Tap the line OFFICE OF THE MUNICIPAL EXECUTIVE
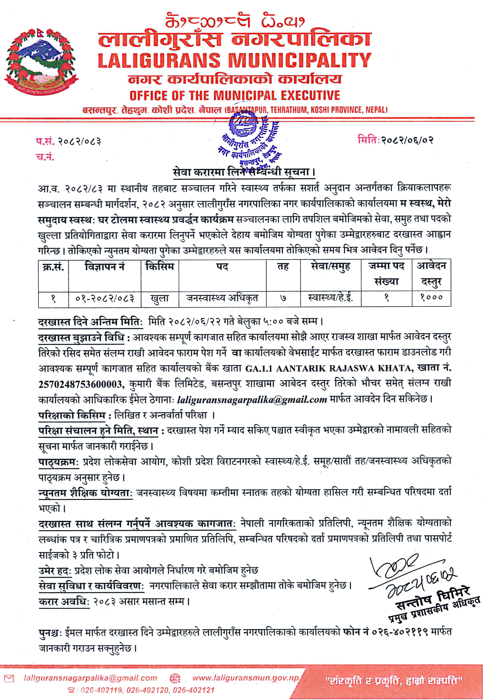coord(234,95)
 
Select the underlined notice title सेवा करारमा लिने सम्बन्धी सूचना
coord(244,172)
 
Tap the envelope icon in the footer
coord(9,678)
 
